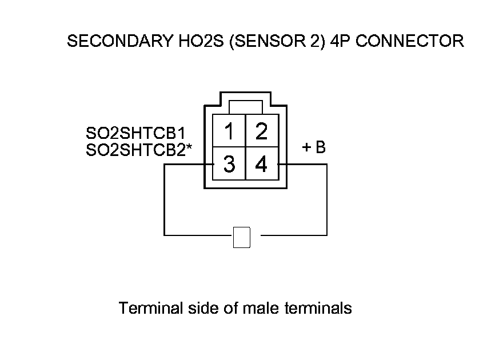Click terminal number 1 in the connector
(229, 132)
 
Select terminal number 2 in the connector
(262, 132)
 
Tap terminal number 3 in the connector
(229, 165)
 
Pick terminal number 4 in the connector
(262, 165)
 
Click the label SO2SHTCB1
(135, 134)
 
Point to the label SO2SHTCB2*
(139, 150)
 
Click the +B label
(314, 147)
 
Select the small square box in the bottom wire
(242, 237)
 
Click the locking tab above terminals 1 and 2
(245, 107)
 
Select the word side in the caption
(200, 309)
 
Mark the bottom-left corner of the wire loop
(165, 235)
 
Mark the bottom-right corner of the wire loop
(327, 235)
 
